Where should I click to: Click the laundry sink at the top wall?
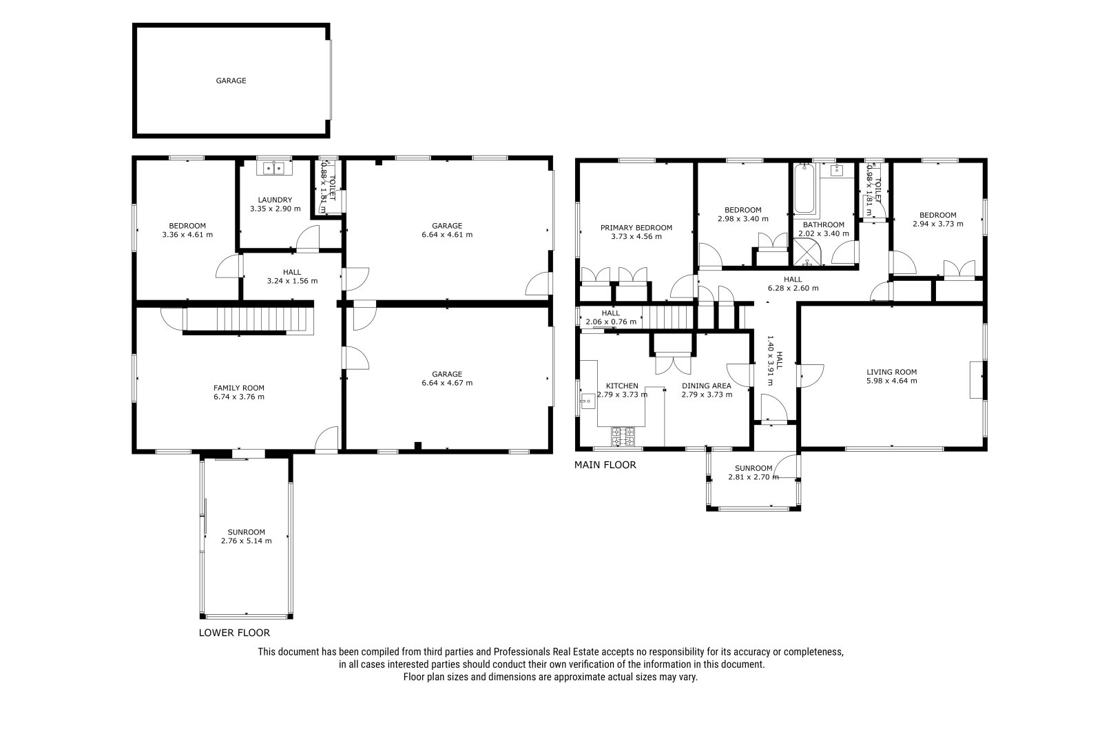(x=275, y=168)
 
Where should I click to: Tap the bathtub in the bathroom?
(x=804, y=189)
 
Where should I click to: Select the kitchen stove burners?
(x=623, y=437)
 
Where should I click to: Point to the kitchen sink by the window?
(x=587, y=401)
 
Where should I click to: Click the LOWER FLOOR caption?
(x=234, y=633)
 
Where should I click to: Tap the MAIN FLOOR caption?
(x=605, y=464)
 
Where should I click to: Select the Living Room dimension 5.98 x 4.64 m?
(x=891, y=381)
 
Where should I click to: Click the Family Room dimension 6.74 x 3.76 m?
(x=238, y=397)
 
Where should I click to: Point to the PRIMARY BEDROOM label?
(x=636, y=228)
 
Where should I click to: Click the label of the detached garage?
(x=231, y=81)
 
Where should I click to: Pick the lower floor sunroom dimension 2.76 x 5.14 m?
(x=246, y=541)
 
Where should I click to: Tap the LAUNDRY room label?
(x=275, y=200)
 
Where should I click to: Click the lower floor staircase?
(x=249, y=319)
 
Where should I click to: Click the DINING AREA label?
(x=707, y=386)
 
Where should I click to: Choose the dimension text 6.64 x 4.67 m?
(x=447, y=383)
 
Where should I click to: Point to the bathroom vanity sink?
(x=836, y=170)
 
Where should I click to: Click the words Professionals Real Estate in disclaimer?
(x=546, y=652)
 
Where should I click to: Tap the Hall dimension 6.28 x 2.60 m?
(x=793, y=289)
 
